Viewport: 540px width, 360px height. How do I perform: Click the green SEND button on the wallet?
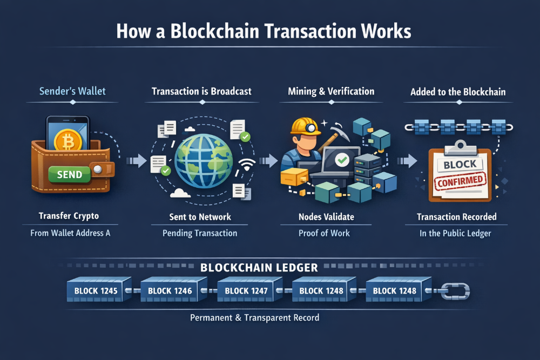[x=69, y=174]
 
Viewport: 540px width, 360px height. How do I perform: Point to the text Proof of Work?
[x=324, y=233]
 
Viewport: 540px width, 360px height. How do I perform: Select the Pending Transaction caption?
[x=200, y=233]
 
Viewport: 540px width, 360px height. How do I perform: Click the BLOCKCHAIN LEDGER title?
[x=259, y=267]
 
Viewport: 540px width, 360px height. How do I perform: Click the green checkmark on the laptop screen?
[x=341, y=160]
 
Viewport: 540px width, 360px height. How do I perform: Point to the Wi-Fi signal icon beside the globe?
[x=247, y=165]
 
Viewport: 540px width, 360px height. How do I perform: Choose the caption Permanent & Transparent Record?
[x=254, y=317]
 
